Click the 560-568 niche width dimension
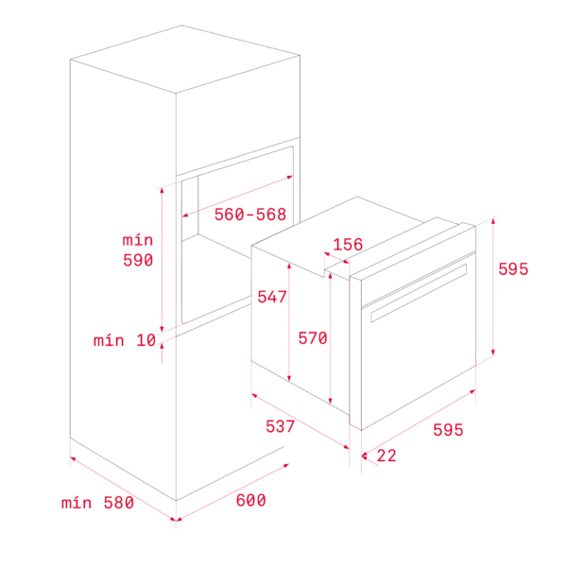point(250,215)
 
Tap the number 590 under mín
point(138,260)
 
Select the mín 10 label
point(125,340)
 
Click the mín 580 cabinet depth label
point(97,503)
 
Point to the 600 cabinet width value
point(250,501)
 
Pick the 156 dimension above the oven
point(348,245)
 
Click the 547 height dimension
point(272,297)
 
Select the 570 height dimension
point(313,338)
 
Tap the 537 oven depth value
point(280,426)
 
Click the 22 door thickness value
point(387,455)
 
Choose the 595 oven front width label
point(448,430)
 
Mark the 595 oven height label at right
point(513,269)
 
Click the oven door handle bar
point(419,293)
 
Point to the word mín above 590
point(138,240)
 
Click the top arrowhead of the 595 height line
point(493,221)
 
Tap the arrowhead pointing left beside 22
point(365,455)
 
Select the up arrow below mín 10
point(162,346)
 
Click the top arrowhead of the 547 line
point(289,266)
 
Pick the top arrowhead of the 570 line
point(330,276)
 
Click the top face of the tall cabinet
point(185,59)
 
